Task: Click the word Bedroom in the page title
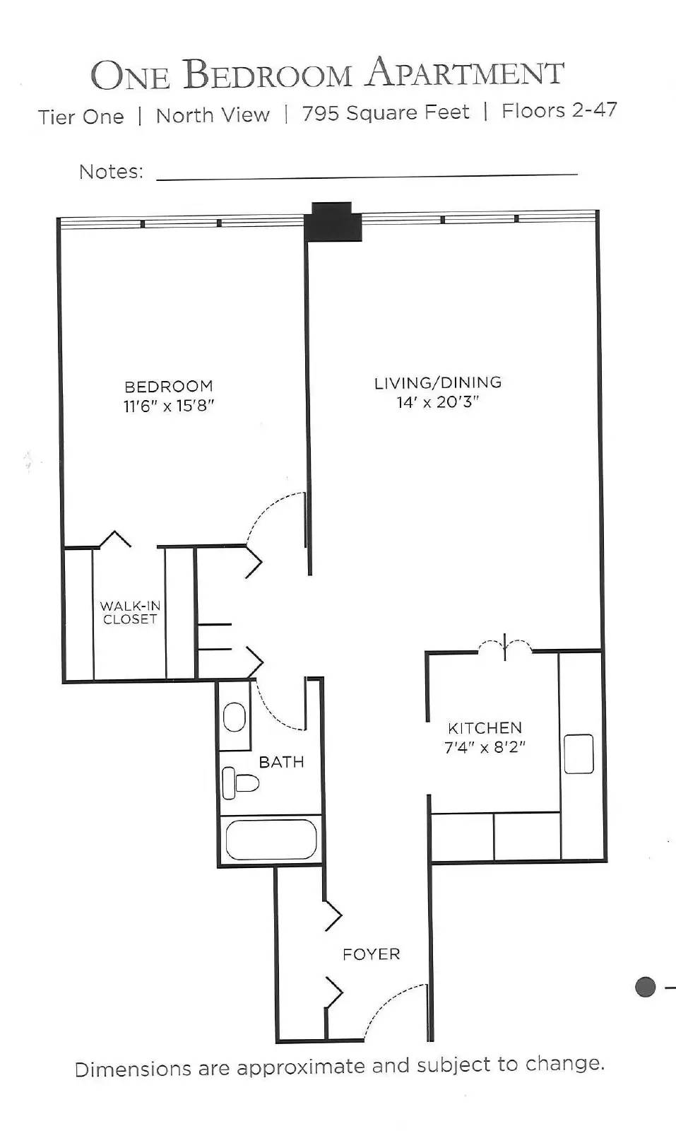267,75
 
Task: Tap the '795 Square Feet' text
385,113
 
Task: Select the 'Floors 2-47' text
559,110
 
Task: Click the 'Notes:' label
111,172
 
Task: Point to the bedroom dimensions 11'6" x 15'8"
169,406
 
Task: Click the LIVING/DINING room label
437,382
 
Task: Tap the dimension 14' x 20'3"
437,402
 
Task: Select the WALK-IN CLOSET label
130,612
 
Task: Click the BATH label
281,762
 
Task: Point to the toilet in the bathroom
240,783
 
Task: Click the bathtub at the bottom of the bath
271,840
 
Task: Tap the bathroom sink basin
235,717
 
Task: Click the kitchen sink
579,754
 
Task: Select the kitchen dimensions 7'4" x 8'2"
485,747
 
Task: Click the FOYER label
371,954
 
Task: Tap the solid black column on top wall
333,222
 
